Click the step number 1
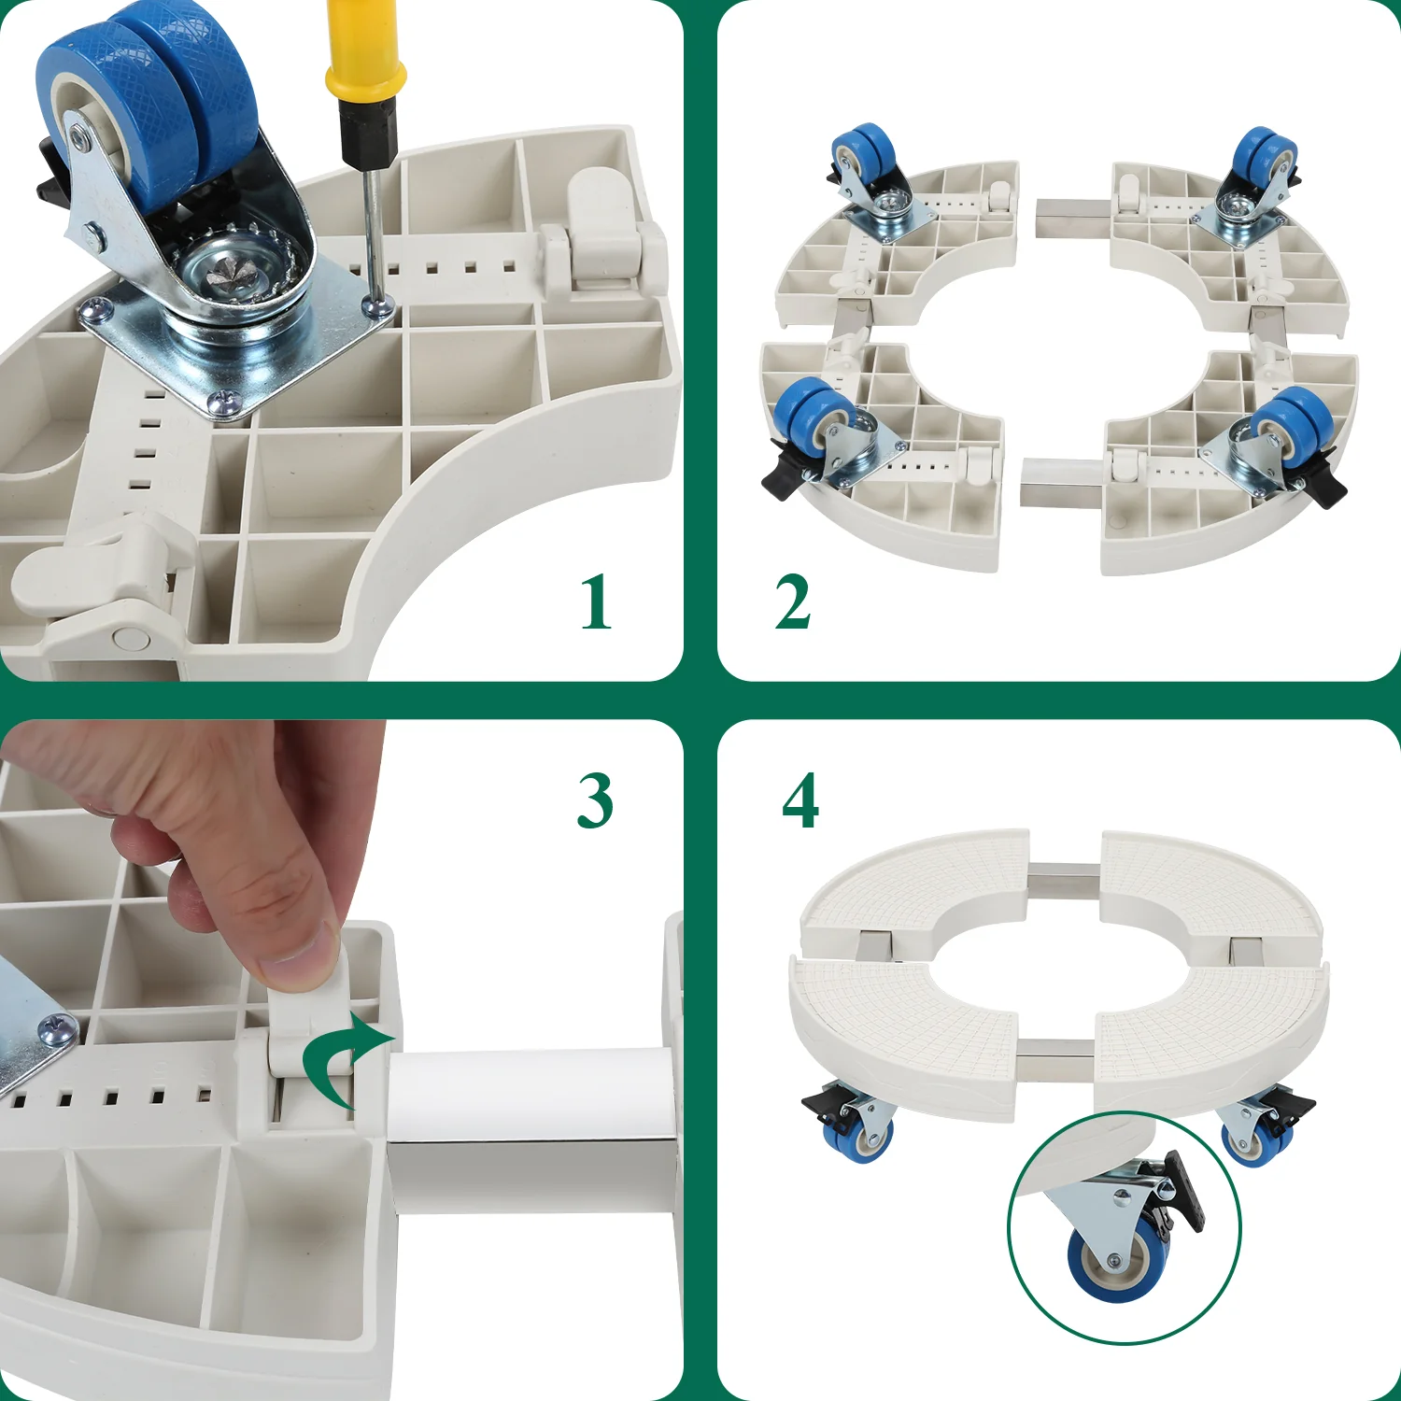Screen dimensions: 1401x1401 [596, 602]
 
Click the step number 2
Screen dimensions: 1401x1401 [792, 602]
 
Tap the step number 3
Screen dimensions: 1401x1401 [595, 800]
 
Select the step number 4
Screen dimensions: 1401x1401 [800, 800]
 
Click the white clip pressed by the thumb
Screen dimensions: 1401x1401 [305, 1027]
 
